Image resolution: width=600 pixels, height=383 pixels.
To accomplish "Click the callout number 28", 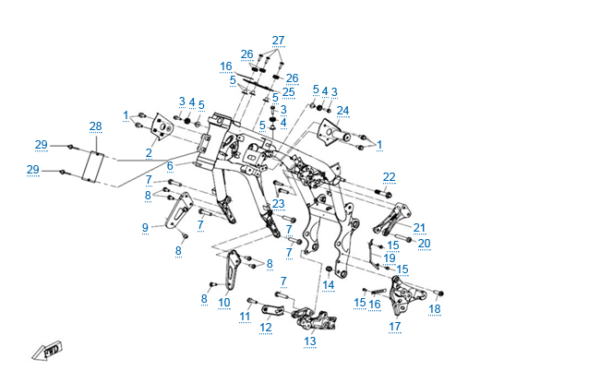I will pyautogui.click(x=95, y=126).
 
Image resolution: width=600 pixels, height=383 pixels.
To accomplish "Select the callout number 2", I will pyautogui.click(x=148, y=153).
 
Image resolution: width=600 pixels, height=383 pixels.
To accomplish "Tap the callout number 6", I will pyautogui.click(x=170, y=165).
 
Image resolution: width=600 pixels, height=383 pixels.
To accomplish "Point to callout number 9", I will pyautogui.click(x=145, y=227).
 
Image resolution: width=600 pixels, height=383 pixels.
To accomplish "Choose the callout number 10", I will pyautogui.click(x=223, y=302).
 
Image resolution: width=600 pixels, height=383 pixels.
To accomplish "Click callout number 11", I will pyautogui.click(x=245, y=317).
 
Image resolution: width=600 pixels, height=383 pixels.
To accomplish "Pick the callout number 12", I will pyautogui.click(x=266, y=327).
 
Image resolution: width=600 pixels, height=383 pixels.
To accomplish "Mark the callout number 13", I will pyautogui.click(x=309, y=341).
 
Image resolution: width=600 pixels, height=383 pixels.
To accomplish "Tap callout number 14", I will pyautogui.click(x=329, y=285).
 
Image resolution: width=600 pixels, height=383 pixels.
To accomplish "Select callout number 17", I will pyautogui.click(x=394, y=327).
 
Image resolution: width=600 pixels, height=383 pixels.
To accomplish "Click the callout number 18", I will pyautogui.click(x=435, y=308).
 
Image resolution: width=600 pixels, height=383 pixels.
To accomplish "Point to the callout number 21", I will pyautogui.click(x=419, y=228).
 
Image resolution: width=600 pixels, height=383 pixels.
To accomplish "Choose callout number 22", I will pyautogui.click(x=390, y=176).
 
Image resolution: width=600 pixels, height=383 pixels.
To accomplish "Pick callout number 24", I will pyautogui.click(x=342, y=111).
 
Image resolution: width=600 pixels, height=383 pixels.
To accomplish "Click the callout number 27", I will pyautogui.click(x=279, y=40).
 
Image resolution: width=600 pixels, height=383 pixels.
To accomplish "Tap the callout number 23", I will pyautogui.click(x=278, y=204).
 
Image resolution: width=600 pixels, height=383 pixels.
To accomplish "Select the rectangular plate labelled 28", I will pyautogui.click(x=93, y=168).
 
